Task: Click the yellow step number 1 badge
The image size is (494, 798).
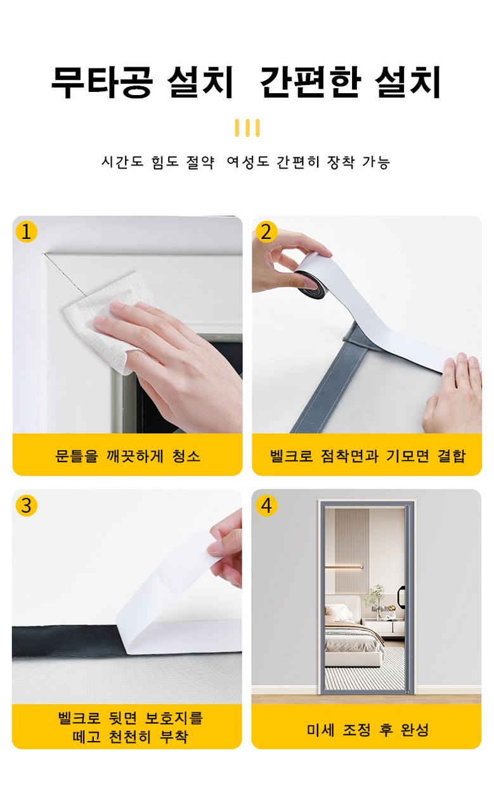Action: coord(27,232)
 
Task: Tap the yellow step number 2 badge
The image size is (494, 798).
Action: coord(266,232)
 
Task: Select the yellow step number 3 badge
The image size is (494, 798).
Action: coord(27,505)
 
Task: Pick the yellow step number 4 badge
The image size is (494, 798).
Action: coord(266,505)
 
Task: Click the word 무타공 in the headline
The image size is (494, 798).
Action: coord(102,82)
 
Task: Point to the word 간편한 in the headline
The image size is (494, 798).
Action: coord(310,82)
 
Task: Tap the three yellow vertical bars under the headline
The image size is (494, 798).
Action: coord(247,127)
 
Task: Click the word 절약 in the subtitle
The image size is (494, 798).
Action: coord(200,162)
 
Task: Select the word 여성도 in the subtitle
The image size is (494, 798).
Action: coord(248,162)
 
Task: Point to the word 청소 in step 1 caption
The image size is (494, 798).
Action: coord(186,456)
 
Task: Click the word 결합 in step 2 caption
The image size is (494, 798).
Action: coord(452,456)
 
